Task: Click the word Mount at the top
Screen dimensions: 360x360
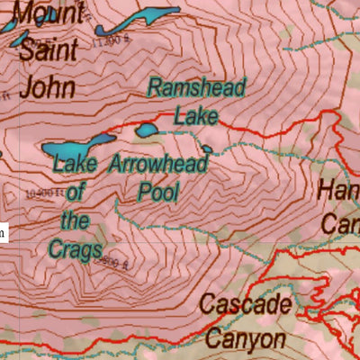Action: [49, 13]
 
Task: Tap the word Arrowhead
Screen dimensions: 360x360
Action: [158, 164]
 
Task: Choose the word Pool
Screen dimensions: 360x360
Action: [158, 191]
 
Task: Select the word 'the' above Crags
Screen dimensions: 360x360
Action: [76, 219]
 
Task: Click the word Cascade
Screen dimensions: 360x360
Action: [247, 304]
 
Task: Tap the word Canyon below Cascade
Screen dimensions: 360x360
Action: [247, 339]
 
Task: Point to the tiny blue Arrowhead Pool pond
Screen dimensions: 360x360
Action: [207, 149]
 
